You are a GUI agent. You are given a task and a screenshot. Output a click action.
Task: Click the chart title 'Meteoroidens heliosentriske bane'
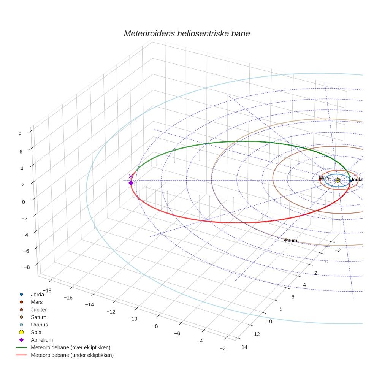click(x=187, y=33)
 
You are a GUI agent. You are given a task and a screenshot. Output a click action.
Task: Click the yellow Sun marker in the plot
click(x=338, y=180)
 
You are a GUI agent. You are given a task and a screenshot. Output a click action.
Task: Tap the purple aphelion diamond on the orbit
click(x=131, y=183)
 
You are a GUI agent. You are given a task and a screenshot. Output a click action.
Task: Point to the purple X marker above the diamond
click(x=131, y=176)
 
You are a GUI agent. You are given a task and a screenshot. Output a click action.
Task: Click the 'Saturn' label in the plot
click(x=290, y=241)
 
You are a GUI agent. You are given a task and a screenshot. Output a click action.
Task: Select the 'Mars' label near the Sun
click(x=324, y=178)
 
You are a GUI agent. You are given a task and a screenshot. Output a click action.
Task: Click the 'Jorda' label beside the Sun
click(x=357, y=179)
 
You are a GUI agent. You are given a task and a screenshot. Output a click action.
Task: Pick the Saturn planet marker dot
click(x=286, y=239)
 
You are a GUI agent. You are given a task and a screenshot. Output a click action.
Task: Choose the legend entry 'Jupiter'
click(x=39, y=309)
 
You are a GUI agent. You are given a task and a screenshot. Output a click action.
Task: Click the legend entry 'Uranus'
click(x=39, y=325)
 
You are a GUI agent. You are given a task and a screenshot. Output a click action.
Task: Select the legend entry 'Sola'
click(x=36, y=332)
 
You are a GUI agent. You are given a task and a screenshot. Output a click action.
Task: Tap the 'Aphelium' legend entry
click(x=41, y=340)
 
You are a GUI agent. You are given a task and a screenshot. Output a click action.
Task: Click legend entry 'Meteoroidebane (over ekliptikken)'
click(x=70, y=347)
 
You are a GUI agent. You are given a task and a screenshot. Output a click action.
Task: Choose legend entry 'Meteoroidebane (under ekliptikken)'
click(x=72, y=355)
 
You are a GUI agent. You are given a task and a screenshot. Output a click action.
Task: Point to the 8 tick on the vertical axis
click(x=19, y=134)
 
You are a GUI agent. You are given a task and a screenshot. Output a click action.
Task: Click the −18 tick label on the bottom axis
click(x=46, y=280)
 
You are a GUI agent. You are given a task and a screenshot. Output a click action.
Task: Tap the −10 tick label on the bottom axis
click(x=133, y=319)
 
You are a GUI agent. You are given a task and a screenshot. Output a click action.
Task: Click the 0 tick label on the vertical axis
click(x=23, y=202)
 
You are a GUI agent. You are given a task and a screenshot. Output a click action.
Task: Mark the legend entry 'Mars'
click(x=36, y=302)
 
